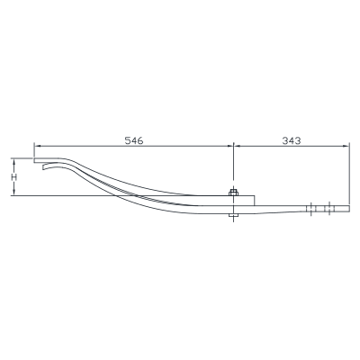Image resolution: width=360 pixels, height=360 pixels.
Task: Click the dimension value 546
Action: pyautogui.click(x=134, y=140)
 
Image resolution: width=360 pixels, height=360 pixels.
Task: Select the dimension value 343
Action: pyautogui.click(x=292, y=140)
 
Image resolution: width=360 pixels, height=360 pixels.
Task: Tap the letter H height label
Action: pyautogui.click(x=14, y=177)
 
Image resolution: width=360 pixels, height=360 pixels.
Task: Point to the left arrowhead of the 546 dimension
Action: pyautogui.click(x=37, y=146)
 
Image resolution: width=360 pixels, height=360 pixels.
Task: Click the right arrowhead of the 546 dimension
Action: pyautogui.click(x=229, y=146)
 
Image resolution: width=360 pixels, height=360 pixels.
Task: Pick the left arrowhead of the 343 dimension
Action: pyautogui.click(x=237, y=146)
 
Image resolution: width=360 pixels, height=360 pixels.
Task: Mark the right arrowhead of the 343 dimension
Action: pyautogui.click(x=346, y=146)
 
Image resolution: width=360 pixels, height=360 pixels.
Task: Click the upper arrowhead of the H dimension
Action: pyautogui.click(x=14, y=162)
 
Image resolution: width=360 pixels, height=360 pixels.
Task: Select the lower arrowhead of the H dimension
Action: pyautogui.click(x=14, y=192)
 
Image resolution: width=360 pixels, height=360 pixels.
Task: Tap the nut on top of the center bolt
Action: pyautogui.click(x=233, y=193)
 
